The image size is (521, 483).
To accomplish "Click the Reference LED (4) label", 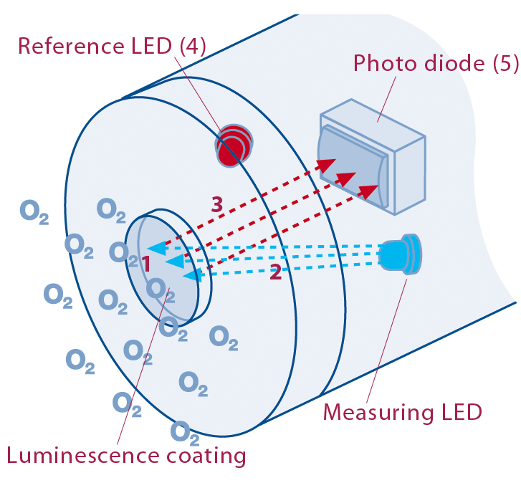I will [x=112, y=47].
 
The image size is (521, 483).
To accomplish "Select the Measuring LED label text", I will [x=402, y=413].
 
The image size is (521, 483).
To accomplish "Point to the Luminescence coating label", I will [x=126, y=455].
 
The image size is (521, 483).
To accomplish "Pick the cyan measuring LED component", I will [x=401, y=254].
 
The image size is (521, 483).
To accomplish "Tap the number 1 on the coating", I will [x=145, y=264].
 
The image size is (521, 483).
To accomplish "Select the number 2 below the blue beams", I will [x=275, y=272].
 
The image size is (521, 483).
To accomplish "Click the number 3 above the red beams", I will [x=216, y=204].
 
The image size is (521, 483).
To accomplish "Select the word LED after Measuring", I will [x=459, y=413].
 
